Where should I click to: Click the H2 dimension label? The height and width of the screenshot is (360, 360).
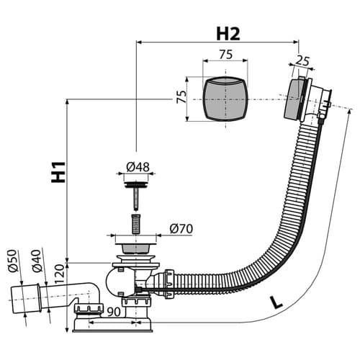(228, 34)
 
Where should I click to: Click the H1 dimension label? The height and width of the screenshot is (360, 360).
(58, 172)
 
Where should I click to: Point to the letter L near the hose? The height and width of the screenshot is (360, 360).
(276, 302)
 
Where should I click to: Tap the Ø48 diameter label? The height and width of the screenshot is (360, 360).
(138, 167)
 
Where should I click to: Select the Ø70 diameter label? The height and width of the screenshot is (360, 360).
(181, 229)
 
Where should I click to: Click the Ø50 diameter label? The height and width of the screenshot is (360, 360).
(13, 261)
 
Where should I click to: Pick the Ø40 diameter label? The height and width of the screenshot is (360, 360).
(37, 261)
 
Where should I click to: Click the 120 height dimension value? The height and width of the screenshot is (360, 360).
(59, 274)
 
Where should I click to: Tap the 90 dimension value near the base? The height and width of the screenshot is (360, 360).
(114, 312)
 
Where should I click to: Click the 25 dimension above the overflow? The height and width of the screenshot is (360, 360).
(302, 61)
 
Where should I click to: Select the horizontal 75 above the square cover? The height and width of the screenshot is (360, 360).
(226, 55)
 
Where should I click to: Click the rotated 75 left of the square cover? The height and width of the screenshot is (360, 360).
(181, 96)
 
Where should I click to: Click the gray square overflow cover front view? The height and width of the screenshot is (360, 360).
(225, 99)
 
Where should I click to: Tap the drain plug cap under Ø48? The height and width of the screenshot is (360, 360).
(136, 185)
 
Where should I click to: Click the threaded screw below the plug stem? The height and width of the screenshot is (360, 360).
(136, 224)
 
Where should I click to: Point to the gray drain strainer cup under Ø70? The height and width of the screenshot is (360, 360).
(136, 248)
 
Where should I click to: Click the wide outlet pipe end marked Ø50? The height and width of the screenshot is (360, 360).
(25, 299)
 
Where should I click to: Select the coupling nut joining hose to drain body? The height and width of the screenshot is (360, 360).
(169, 284)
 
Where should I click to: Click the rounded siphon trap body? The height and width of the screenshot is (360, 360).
(120, 282)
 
